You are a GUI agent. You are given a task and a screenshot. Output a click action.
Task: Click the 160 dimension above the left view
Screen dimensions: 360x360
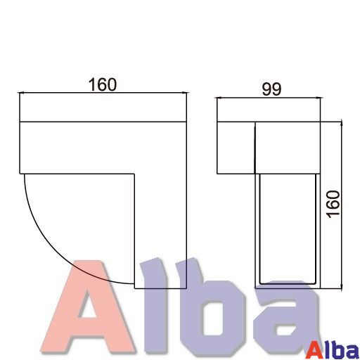(103, 84)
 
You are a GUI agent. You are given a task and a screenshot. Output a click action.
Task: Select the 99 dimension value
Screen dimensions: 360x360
(271, 89)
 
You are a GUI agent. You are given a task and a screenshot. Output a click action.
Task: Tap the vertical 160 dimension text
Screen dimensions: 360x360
(334, 205)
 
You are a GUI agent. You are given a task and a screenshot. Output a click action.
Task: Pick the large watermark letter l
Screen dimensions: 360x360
(155, 304)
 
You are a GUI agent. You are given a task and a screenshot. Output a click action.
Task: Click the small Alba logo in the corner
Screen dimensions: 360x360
(333, 351)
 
